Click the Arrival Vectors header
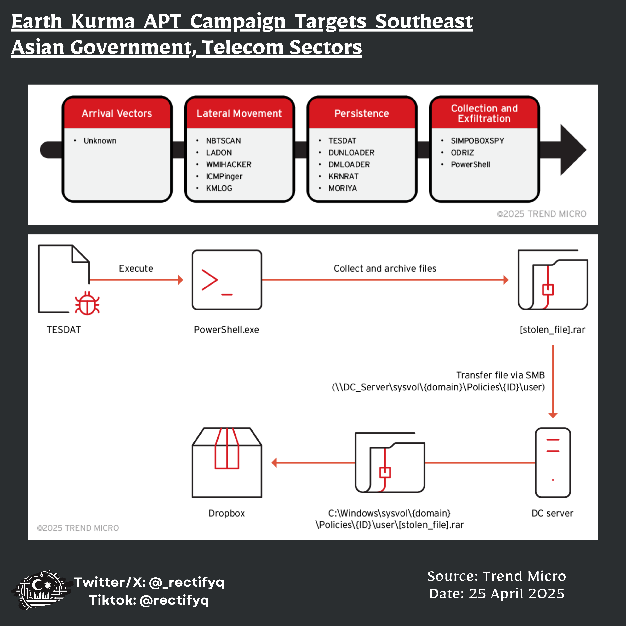(x=117, y=113)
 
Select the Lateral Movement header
(x=239, y=113)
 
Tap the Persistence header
(x=362, y=113)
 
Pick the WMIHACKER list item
(x=228, y=165)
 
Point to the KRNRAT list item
(x=344, y=177)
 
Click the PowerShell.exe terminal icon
(x=227, y=280)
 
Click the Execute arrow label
(x=136, y=269)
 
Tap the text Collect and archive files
(x=385, y=269)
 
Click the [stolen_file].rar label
(x=552, y=330)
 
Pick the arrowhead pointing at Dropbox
(x=274, y=463)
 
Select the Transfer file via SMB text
(x=500, y=375)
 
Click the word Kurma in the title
(x=103, y=21)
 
